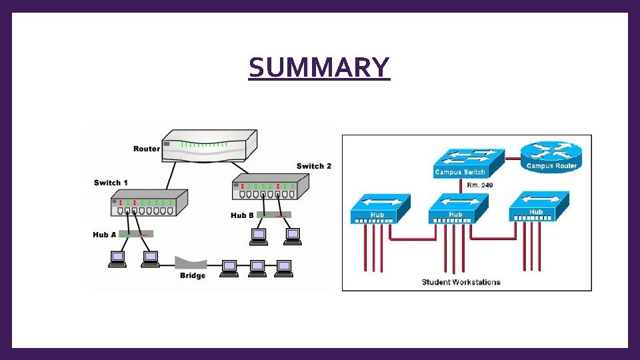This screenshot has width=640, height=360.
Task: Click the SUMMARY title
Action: click(319, 67)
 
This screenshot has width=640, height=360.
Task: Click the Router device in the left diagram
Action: click(209, 147)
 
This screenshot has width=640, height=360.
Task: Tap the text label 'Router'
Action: click(147, 149)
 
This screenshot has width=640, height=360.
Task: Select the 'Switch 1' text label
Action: click(111, 183)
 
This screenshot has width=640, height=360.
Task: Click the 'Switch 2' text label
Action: click(314, 166)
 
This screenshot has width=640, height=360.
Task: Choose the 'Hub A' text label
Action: click(105, 235)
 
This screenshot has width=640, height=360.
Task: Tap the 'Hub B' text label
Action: click(242, 215)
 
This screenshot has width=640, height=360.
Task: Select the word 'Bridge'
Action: click(193, 276)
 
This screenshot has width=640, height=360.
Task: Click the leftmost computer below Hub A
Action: click(117, 259)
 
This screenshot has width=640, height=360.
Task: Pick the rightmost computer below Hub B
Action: click(292, 236)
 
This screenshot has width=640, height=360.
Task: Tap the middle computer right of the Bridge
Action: click(257, 267)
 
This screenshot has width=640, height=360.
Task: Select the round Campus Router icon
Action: click(551, 157)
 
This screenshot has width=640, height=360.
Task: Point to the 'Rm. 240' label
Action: click(480, 185)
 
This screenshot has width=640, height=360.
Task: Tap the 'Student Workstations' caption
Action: click(461, 282)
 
